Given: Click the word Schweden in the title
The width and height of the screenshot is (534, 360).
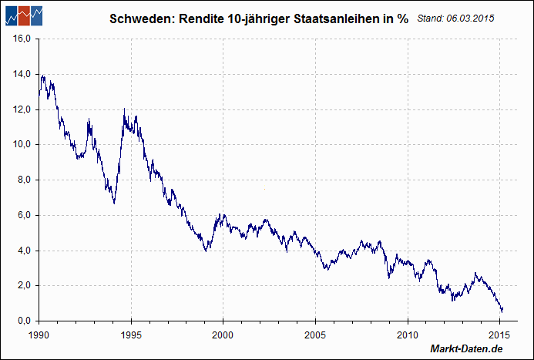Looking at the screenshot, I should point(139,19).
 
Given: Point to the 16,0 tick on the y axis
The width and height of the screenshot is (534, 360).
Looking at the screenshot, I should point(19,39).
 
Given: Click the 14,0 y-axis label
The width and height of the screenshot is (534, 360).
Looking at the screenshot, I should point(19,74).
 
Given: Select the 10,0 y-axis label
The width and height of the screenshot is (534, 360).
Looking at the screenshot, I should point(19,144).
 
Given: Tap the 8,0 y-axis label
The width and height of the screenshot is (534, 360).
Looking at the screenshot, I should point(22,180).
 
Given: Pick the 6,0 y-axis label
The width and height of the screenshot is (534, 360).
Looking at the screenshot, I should point(22,215).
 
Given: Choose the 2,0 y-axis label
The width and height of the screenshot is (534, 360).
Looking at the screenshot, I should point(22,285).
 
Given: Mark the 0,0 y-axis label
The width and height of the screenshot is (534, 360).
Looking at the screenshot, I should point(22,321).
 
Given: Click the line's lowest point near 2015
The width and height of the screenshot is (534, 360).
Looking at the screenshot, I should point(502,311).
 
